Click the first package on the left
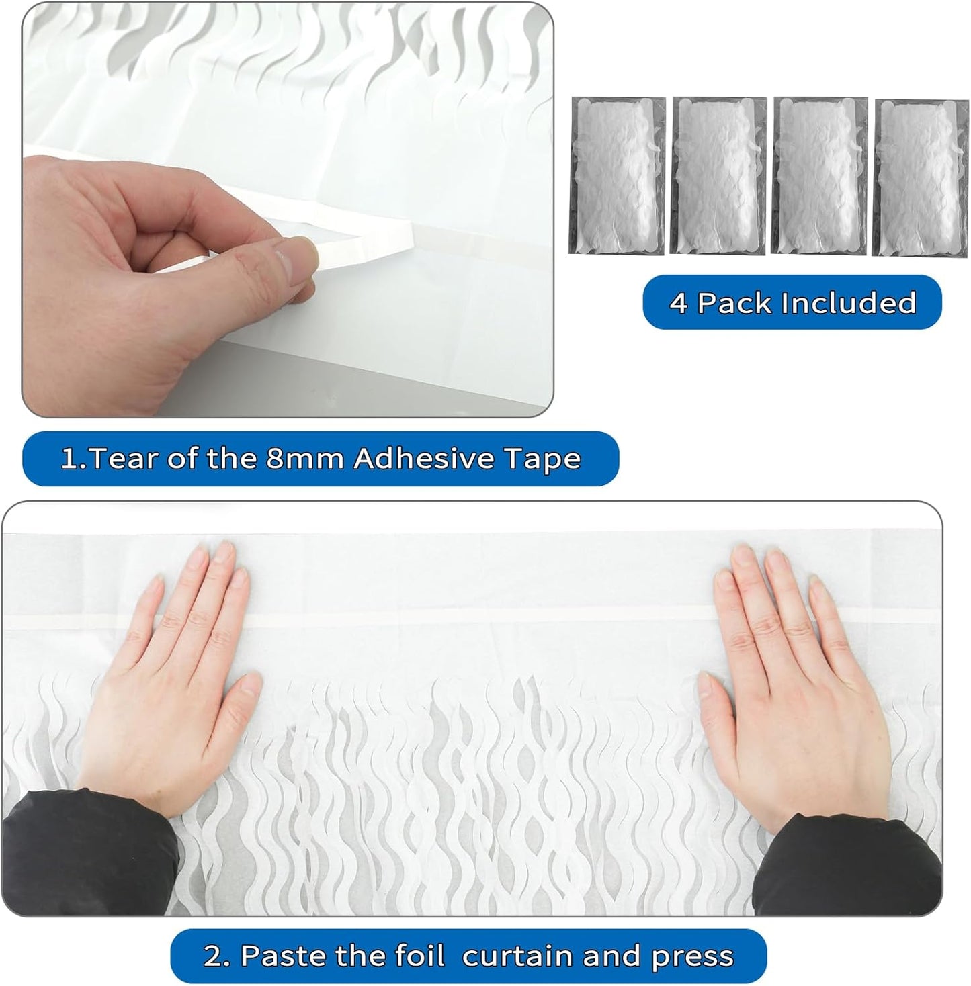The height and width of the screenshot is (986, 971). click(617, 176)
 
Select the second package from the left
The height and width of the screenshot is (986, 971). click(719, 176)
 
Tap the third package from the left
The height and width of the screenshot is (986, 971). click(820, 176)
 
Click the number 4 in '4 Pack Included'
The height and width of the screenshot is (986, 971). click(679, 303)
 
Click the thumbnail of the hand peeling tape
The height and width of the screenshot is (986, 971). click(288, 210)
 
